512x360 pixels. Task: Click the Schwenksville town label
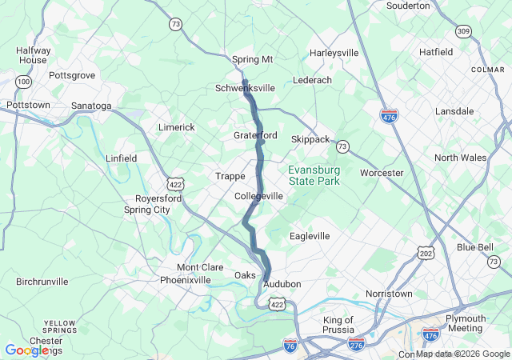point(246,88)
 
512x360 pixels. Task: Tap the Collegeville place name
point(258,196)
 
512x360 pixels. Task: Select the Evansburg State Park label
point(314,176)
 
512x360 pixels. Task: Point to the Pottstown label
point(28,105)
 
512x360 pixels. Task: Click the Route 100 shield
point(24,82)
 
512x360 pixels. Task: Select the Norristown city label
point(389,294)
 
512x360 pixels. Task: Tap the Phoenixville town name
point(185,280)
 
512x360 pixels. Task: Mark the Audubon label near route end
point(282,284)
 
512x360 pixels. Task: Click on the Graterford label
point(255,135)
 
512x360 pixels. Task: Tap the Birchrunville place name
point(46,282)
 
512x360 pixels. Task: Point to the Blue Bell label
point(475,247)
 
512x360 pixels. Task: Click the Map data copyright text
point(462,354)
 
